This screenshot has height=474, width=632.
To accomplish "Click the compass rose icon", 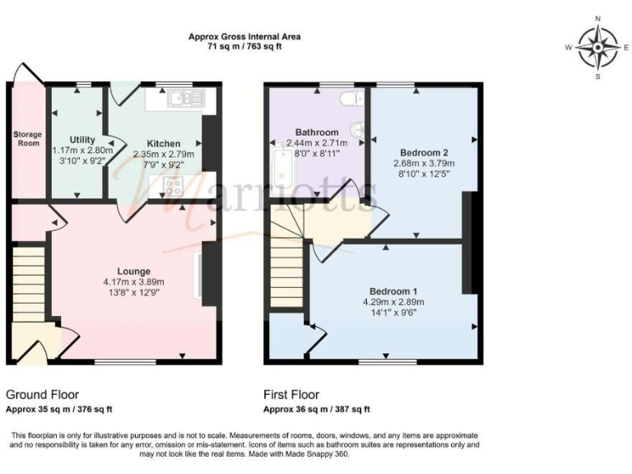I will coord(597,47).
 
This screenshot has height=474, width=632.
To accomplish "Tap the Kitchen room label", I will coord(163,143).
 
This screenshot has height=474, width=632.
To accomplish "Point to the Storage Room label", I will coord(26,137).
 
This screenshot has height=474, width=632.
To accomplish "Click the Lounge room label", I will coord(133,271).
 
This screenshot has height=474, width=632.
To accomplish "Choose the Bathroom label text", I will coord(317,132).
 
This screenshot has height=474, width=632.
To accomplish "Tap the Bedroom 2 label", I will coord(424,152).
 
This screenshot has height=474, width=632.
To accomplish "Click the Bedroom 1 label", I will coord(393,291).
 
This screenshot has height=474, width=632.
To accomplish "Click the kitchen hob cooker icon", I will coord(174,186).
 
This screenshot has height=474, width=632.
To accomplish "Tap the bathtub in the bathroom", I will coord(281,167).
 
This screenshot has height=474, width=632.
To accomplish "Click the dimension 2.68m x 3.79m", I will coord(424,163).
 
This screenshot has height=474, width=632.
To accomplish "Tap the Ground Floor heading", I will coord(42,395).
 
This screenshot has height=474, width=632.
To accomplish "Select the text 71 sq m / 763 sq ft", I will coord(244,47).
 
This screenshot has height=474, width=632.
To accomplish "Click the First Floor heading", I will coord(291,395).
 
